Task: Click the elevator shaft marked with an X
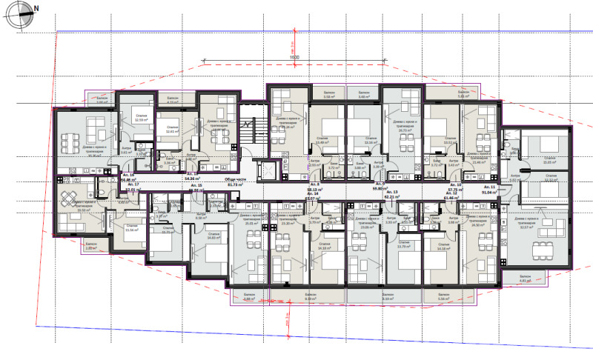pyautogui.click(x=265, y=171)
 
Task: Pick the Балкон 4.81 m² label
pyautogui.click(x=526, y=279)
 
